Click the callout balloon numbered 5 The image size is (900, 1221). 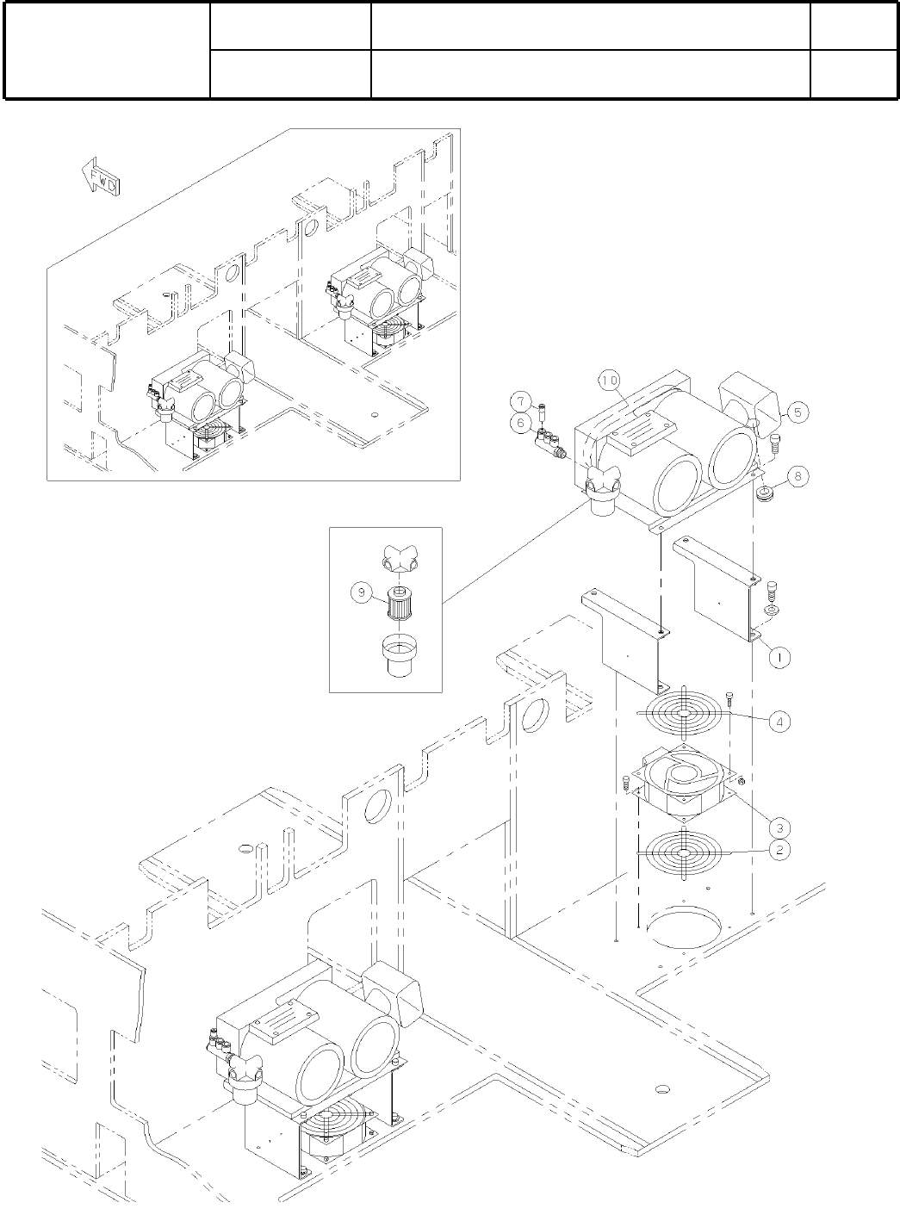pyautogui.click(x=797, y=412)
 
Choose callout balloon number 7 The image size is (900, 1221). pyautogui.click(x=520, y=400)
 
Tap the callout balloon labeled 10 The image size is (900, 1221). pyautogui.click(x=610, y=380)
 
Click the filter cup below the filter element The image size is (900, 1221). pyautogui.click(x=399, y=657)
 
